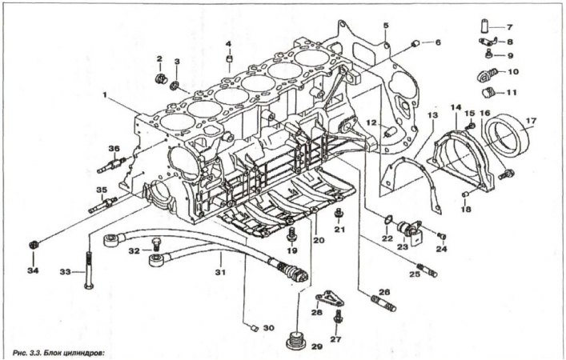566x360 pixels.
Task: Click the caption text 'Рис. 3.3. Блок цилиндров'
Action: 59,351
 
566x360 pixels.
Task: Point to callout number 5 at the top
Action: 385,26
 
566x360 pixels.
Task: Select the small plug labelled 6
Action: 416,42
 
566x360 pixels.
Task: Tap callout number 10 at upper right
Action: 513,72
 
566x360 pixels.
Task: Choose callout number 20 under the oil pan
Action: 317,239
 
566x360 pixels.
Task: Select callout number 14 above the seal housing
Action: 456,106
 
